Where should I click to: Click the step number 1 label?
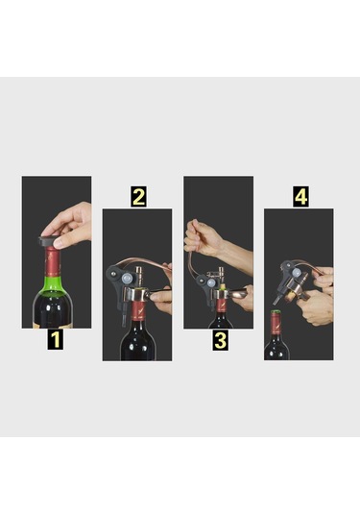(x=56, y=340)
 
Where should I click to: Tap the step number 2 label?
(x=138, y=197)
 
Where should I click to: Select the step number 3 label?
(x=220, y=341)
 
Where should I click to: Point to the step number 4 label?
(x=300, y=197)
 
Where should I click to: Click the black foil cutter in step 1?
(x=49, y=240)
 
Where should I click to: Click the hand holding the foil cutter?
(x=70, y=224)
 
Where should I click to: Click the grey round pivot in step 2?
(x=127, y=279)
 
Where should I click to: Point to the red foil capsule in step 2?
(x=138, y=310)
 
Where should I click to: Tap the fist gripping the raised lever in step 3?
(x=202, y=236)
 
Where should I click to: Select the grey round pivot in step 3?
(x=211, y=282)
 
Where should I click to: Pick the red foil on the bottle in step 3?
(x=222, y=305)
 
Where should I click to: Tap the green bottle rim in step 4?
(x=276, y=312)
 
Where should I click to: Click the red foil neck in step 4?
(x=276, y=324)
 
